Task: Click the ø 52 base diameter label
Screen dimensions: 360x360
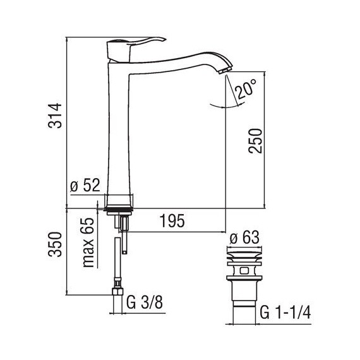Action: pyautogui.click(x=85, y=187)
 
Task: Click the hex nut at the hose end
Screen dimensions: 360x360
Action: pyautogui.click(x=117, y=292)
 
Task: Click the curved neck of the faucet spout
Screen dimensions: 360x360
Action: pyautogui.click(x=183, y=57)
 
